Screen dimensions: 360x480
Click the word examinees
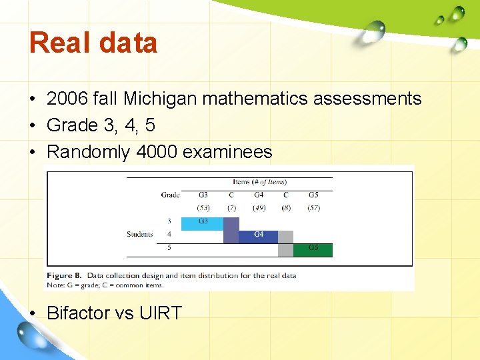[227, 152]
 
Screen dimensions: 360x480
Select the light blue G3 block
[202, 223]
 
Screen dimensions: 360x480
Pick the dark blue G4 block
[258, 236]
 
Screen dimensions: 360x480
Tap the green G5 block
[313, 250]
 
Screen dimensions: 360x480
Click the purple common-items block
[231, 230]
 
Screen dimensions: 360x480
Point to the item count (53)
[203, 208]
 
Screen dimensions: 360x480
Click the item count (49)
[259, 208]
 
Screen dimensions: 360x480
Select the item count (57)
[313, 208]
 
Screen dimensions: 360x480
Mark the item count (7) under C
[231, 208]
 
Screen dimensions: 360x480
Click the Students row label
[140, 234]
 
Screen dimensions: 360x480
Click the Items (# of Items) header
[260, 182]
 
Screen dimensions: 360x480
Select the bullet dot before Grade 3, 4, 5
[32, 126]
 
